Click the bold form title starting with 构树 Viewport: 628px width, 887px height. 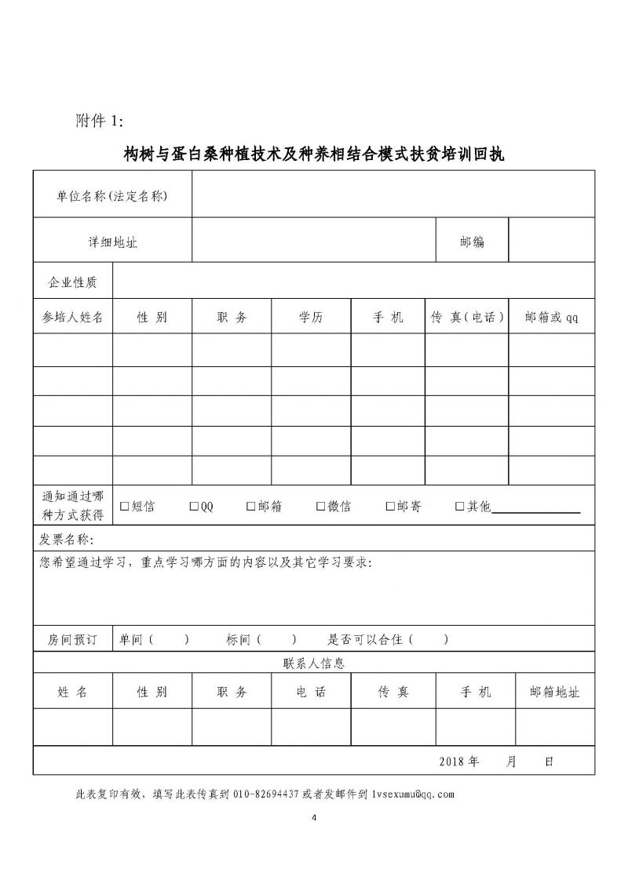click(x=314, y=154)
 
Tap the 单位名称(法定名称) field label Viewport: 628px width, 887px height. click(x=112, y=195)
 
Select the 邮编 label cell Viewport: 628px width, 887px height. click(x=472, y=241)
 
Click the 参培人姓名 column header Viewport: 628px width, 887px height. click(x=72, y=318)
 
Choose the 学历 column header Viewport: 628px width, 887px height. click(x=311, y=318)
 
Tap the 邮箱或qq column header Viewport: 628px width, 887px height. click(x=551, y=318)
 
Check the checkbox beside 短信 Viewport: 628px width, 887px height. click(x=124, y=507)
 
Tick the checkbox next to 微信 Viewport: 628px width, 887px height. click(x=320, y=507)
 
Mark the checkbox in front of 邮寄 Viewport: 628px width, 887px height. click(x=391, y=507)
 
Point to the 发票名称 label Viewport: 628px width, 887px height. click(x=66, y=540)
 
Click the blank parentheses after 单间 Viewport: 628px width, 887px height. click(x=169, y=639)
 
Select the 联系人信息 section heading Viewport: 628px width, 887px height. click(x=314, y=663)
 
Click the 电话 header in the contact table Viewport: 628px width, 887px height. click(x=311, y=693)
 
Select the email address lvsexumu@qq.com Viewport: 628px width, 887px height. click(x=413, y=794)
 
